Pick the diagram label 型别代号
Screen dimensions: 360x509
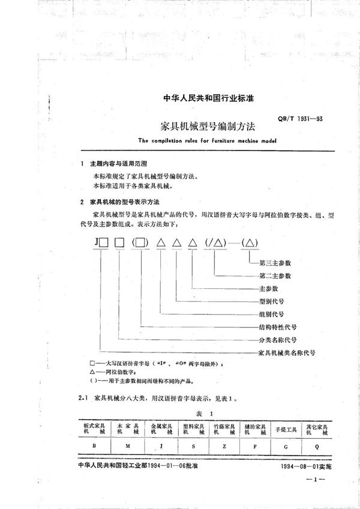(271, 301)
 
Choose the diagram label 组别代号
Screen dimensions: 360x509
(271, 314)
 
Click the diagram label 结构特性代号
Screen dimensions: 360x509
(277, 327)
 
